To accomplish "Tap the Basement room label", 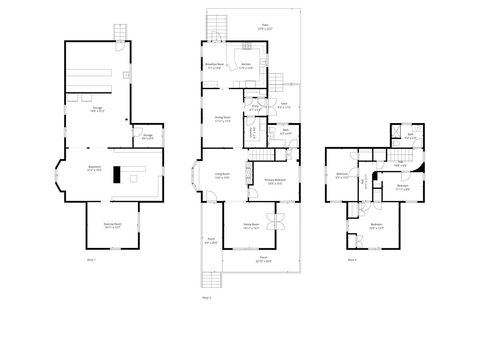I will tap(95, 169).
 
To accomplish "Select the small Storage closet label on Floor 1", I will tap(147, 137).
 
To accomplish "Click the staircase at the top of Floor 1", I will tap(121, 34).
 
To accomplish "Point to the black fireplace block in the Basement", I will tap(117, 175).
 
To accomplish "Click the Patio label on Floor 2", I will tap(237, 30).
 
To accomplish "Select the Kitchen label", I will tap(245, 64).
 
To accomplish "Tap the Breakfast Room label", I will tap(213, 64).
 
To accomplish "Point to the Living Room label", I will tap(222, 176).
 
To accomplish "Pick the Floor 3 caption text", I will tap(351, 260).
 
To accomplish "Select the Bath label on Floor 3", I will tap(410, 136).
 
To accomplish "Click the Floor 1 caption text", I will tap(91, 259).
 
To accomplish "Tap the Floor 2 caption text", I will tap(207, 297).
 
